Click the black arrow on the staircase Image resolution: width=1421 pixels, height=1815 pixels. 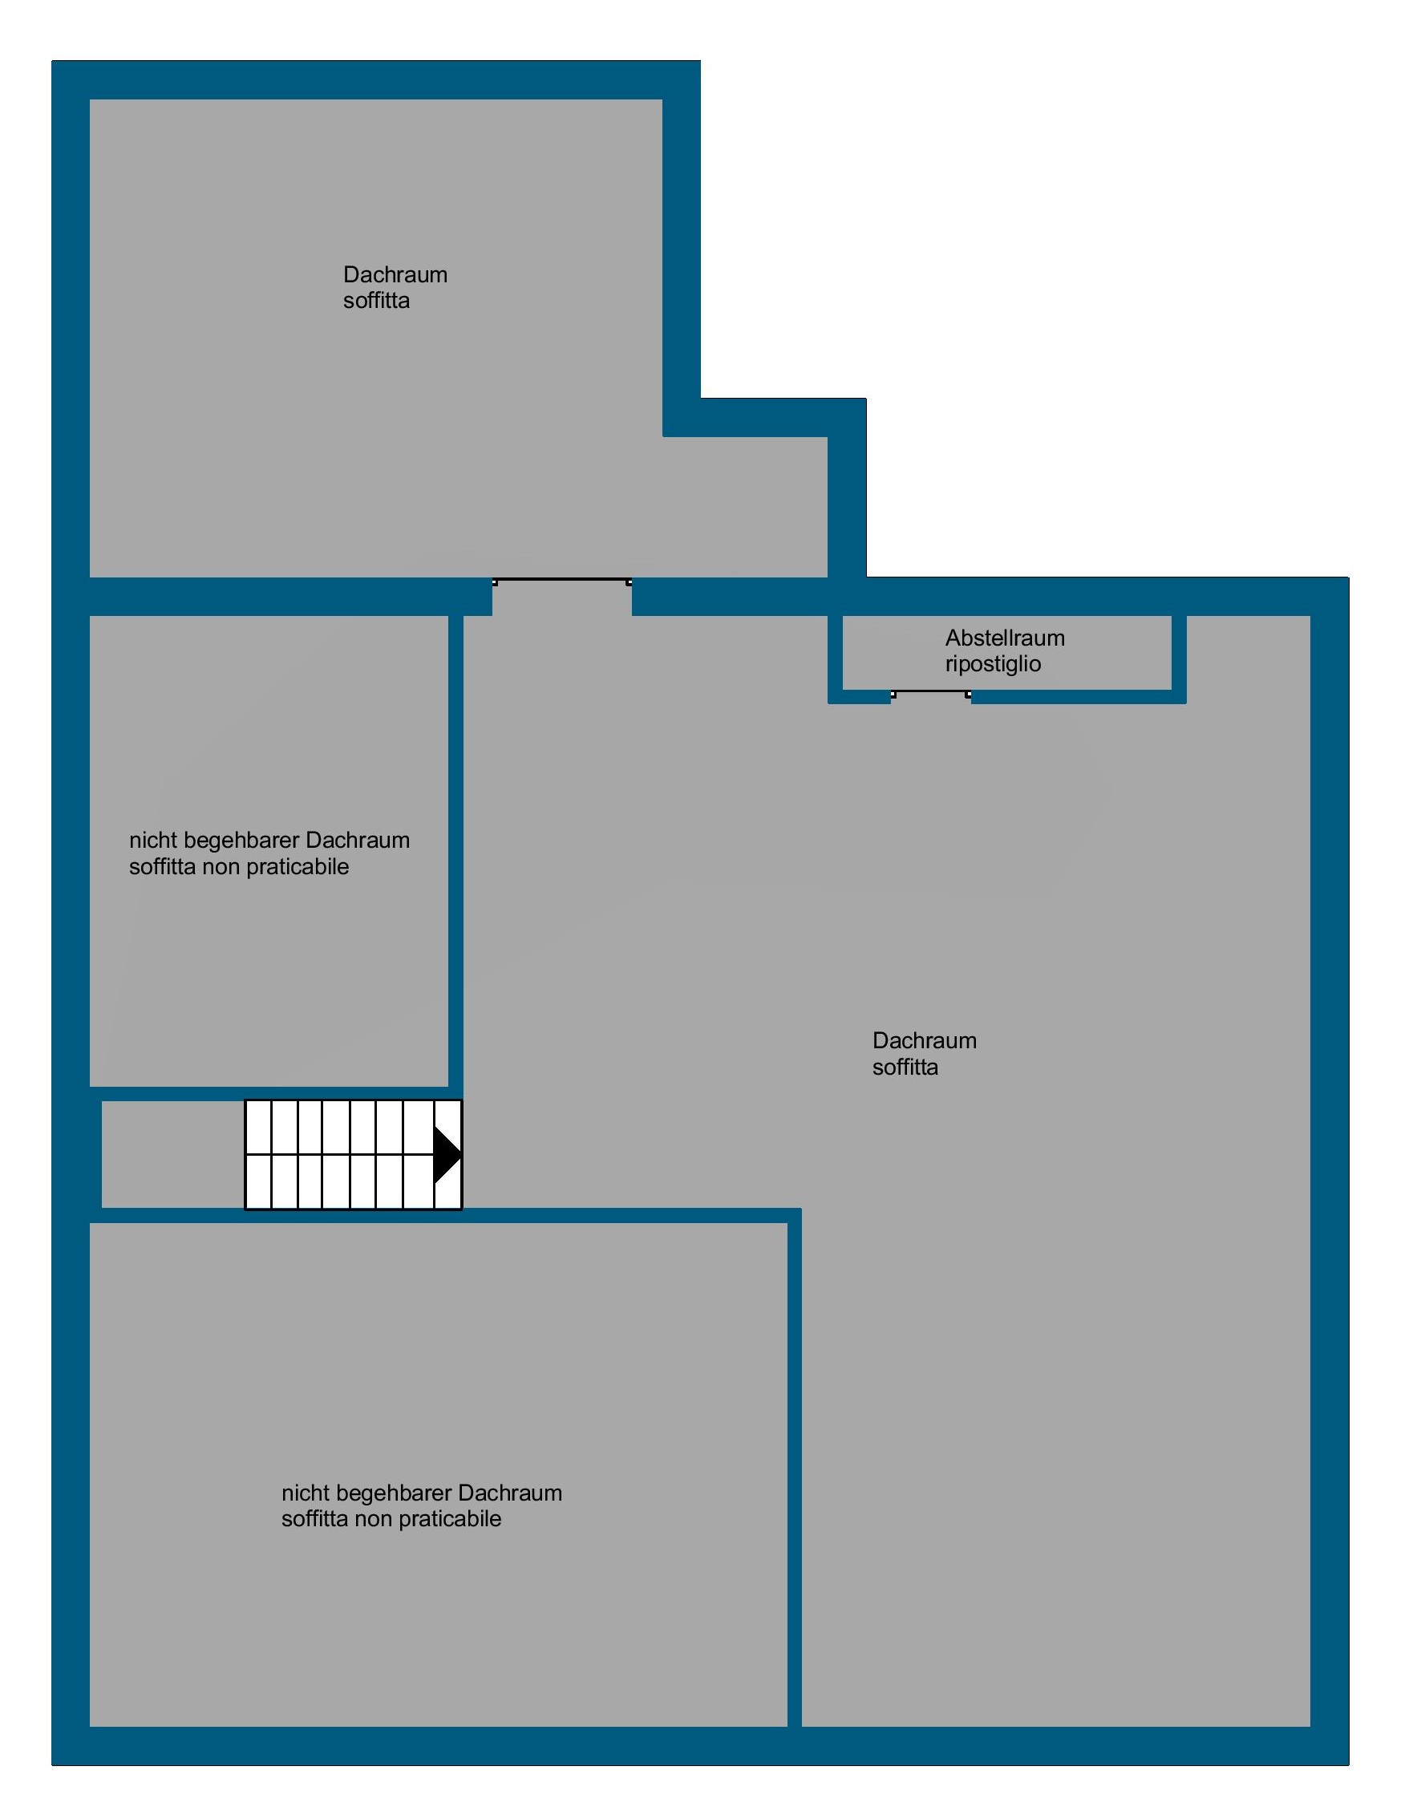[x=447, y=1154]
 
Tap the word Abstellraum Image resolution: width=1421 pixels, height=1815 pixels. [x=1004, y=638]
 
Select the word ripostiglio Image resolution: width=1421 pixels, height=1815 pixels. [x=993, y=664]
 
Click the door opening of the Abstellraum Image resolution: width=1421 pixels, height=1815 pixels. [x=931, y=693]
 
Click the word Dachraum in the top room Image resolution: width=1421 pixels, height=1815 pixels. [x=395, y=274]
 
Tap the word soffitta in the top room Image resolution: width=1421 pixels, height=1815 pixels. [x=376, y=301]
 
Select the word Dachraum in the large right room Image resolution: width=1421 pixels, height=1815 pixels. [x=925, y=1040]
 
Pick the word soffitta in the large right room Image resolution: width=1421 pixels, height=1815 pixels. [x=905, y=1067]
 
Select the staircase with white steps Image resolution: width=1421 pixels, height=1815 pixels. [x=353, y=1154]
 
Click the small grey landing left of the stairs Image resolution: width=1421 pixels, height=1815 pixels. [x=173, y=1154]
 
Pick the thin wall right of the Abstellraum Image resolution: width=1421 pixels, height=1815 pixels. [x=1179, y=659]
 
